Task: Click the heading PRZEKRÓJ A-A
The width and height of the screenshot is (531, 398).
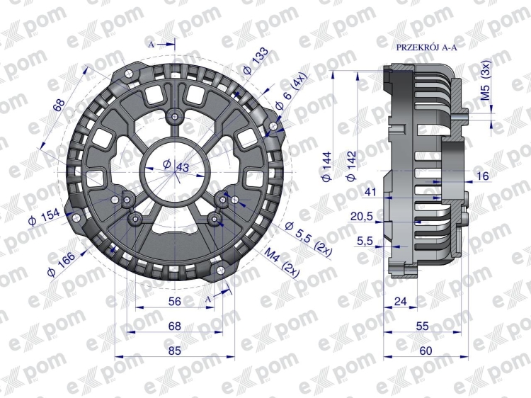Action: click(426, 47)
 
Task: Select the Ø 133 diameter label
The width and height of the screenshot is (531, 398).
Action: click(256, 62)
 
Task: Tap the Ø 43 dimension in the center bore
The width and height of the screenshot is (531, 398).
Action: click(176, 166)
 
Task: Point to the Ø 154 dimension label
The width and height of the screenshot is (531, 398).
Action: click(44, 217)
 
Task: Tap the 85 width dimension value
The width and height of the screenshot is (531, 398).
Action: click(175, 351)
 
